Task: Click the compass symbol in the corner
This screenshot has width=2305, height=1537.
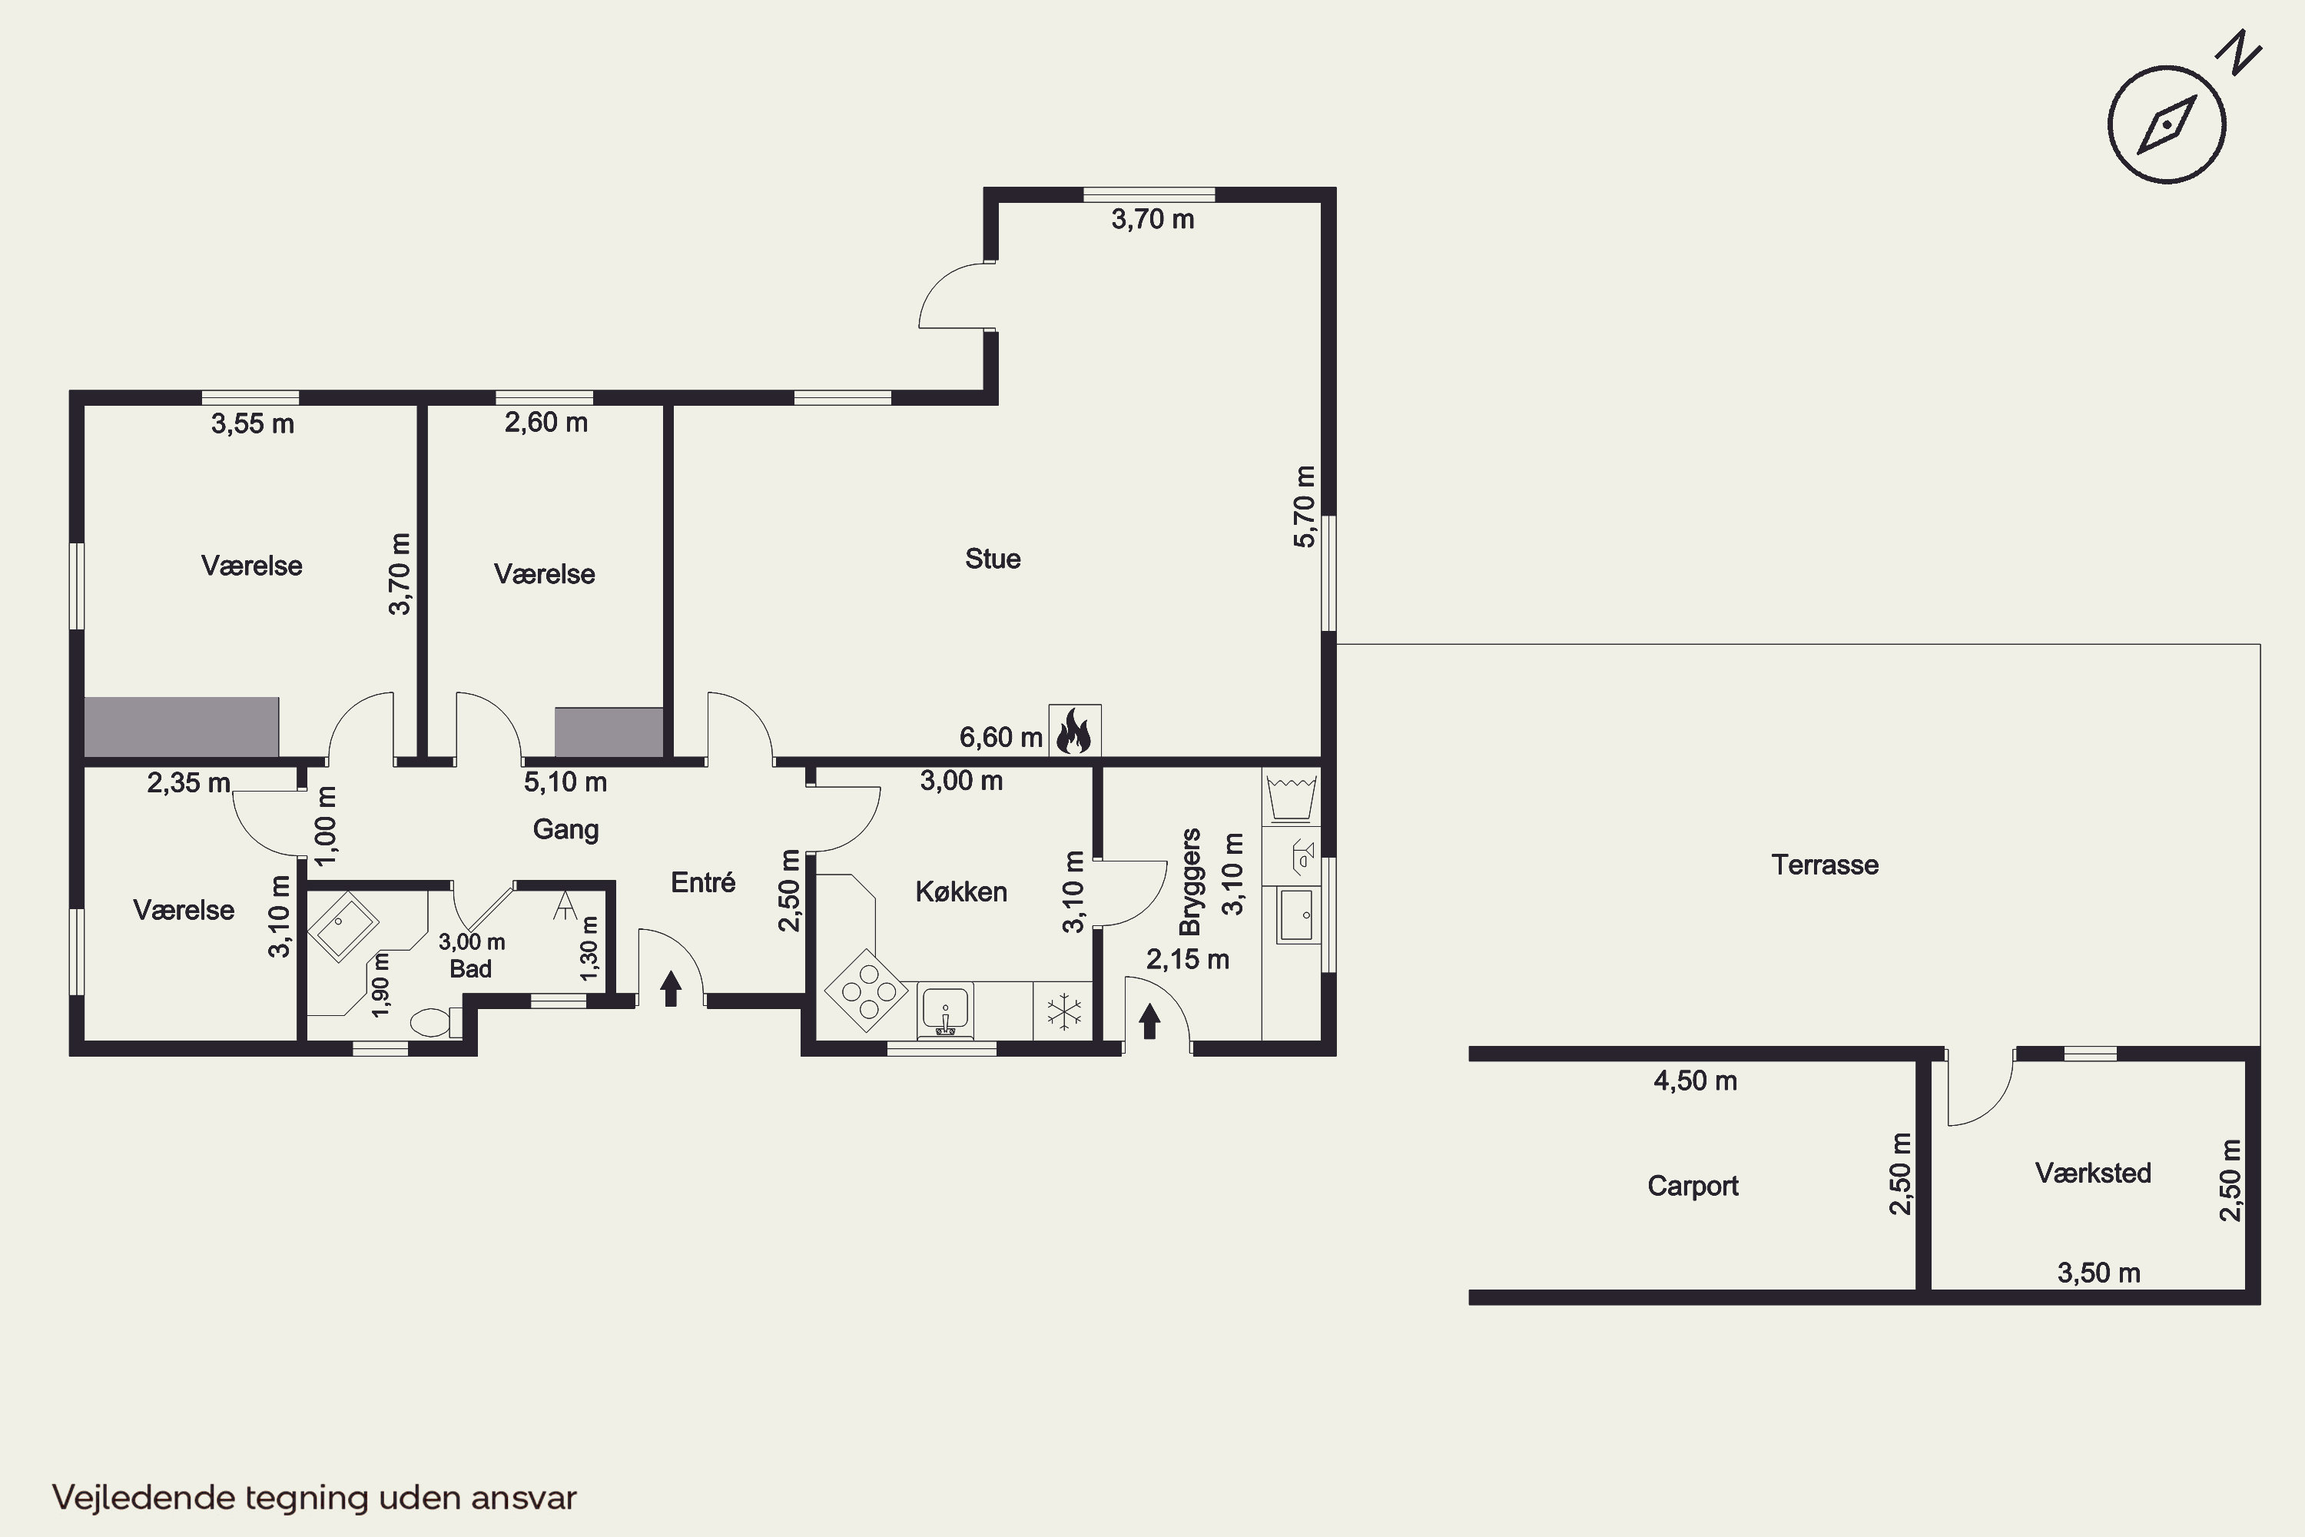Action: [2167, 124]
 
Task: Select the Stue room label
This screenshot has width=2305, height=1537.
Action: [993, 559]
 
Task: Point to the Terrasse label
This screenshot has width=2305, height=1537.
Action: [1825, 865]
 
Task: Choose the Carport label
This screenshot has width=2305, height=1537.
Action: [1693, 1186]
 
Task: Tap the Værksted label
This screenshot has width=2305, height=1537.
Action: [2092, 1173]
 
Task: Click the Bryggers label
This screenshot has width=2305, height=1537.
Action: [1191, 881]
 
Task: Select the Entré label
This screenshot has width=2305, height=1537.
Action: [703, 882]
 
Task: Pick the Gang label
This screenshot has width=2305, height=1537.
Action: [565, 829]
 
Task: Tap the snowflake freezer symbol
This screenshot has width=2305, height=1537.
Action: [1063, 1011]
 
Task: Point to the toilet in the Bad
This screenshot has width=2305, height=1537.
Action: [435, 1022]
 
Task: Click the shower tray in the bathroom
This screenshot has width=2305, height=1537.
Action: [343, 926]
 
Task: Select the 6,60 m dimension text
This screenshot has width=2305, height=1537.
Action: [1000, 737]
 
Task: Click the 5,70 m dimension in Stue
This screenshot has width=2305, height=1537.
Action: [1305, 506]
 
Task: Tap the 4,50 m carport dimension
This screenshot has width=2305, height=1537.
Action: [1696, 1081]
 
